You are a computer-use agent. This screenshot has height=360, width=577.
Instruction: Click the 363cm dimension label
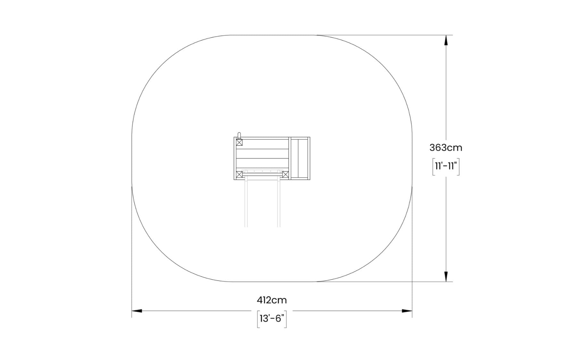point(446,148)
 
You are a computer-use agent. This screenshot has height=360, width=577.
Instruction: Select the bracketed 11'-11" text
point(446,167)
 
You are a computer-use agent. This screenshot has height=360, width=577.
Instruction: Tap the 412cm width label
point(272,300)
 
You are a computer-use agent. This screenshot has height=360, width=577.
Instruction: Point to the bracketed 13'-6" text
point(272,319)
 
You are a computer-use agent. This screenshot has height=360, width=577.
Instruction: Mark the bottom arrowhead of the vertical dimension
point(446,276)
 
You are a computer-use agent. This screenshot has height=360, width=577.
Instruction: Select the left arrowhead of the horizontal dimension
point(137,311)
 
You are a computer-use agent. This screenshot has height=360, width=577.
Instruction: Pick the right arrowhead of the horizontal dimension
point(407,311)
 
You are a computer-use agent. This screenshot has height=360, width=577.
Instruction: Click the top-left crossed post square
point(239,143)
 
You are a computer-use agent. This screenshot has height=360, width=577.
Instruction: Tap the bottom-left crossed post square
point(239,175)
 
